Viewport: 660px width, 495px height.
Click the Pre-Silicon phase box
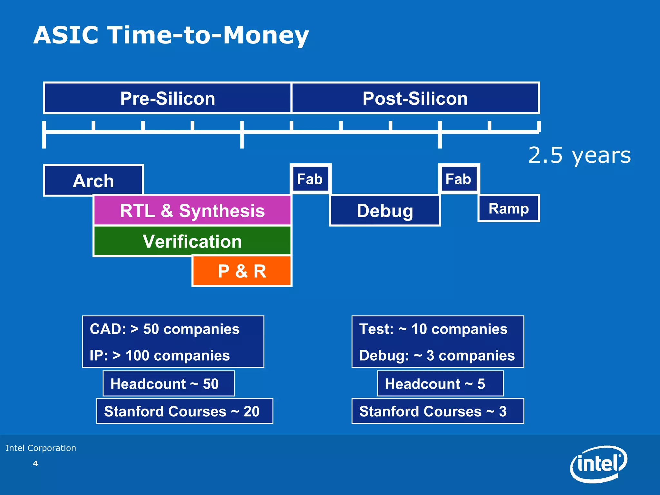click(x=167, y=98)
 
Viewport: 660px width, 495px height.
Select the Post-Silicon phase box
click(x=415, y=98)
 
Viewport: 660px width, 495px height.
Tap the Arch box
click(x=93, y=180)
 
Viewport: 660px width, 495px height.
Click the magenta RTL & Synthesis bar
click(x=192, y=210)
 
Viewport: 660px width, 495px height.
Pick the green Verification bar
click(x=192, y=241)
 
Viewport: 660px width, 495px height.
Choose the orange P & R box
click(x=242, y=271)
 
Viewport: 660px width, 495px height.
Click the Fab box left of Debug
click(x=310, y=179)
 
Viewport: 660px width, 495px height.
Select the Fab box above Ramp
click(x=459, y=179)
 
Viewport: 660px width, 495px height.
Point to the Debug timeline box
click(x=385, y=210)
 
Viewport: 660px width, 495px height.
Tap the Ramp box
click(x=509, y=208)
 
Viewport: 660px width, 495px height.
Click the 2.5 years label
click(x=579, y=155)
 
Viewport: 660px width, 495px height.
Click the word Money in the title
click(x=266, y=35)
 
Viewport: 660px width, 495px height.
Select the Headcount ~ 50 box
click(x=169, y=383)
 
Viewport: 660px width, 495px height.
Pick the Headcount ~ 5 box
click(x=440, y=383)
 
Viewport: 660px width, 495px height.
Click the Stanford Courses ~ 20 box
click(x=184, y=411)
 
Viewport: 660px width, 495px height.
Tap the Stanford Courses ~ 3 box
click(x=438, y=411)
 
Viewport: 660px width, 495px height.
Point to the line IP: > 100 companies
click(x=160, y=355)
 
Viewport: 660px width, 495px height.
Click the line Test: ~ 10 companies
click(x=433, y=329)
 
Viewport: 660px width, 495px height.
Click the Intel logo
click(x=599, y=463)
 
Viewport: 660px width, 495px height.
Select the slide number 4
click(x=35, y=464)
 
